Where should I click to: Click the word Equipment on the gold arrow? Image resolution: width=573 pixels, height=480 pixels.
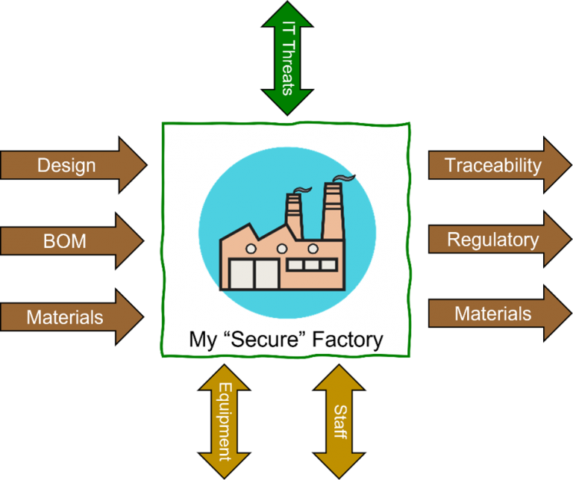225,422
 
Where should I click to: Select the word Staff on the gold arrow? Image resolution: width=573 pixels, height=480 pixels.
339,422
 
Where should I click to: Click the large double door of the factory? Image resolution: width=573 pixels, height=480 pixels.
254,274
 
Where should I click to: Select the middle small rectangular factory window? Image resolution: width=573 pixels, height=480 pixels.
310,264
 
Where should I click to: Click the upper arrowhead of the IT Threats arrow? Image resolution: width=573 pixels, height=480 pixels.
287,14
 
